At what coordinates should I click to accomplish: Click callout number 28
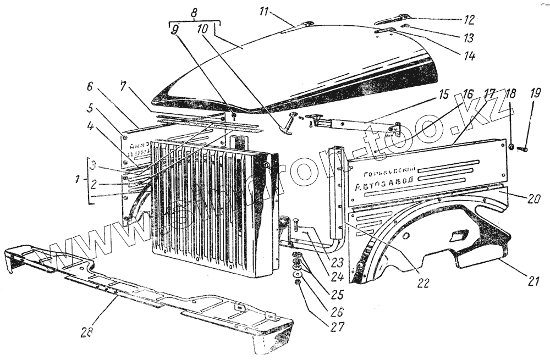click(87, 333)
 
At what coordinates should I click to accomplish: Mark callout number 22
click(422, 283)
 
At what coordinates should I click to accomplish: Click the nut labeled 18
click(511, 147)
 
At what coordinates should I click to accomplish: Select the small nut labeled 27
click(298, 282)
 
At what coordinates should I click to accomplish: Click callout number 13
click(469, 38)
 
